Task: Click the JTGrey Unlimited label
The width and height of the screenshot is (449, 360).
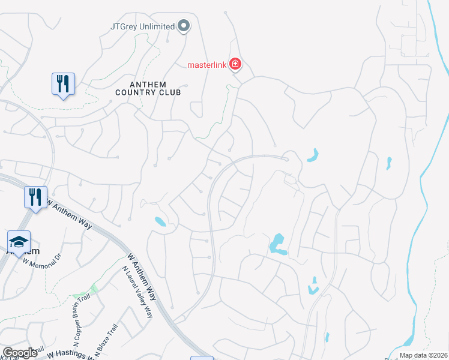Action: (x=142, y=26)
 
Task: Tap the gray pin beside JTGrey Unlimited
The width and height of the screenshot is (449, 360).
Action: (x=184, y=26)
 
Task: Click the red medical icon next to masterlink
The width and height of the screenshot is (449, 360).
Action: (x=235, y=64)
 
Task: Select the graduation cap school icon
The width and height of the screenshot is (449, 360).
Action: (x=19, y=242)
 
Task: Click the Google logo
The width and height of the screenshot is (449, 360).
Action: (x=20, y=353)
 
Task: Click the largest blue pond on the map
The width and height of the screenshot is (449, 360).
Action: (x=277, y=242)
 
